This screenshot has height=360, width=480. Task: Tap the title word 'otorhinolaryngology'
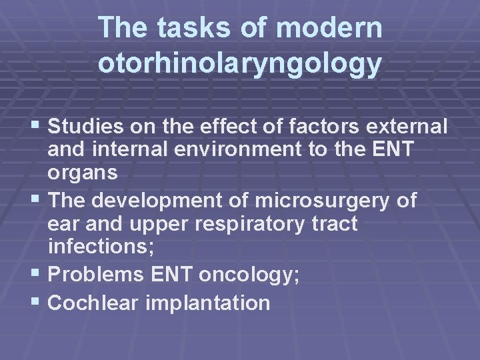pyautogui.click(x=240, y=63)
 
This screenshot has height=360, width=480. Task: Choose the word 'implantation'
pyautogui.click(x=207, y=303)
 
